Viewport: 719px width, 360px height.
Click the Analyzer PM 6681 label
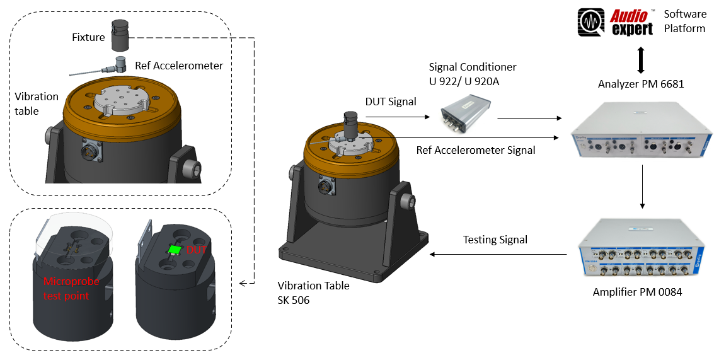[x=641, y=84]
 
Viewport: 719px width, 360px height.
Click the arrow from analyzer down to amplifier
[x=641, y=187]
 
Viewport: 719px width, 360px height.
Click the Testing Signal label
[x=495, y=240]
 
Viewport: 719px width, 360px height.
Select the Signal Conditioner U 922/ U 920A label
[x=473, y=73]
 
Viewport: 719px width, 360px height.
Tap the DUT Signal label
[x=391, y=102]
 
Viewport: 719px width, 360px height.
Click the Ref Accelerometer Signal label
[x=476, y=150]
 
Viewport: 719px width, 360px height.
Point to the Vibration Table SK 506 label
[x=314, y=293]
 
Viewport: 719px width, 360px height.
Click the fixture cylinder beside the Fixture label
[x=120, y=35]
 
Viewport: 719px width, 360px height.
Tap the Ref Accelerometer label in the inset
[x=179, y=65]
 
